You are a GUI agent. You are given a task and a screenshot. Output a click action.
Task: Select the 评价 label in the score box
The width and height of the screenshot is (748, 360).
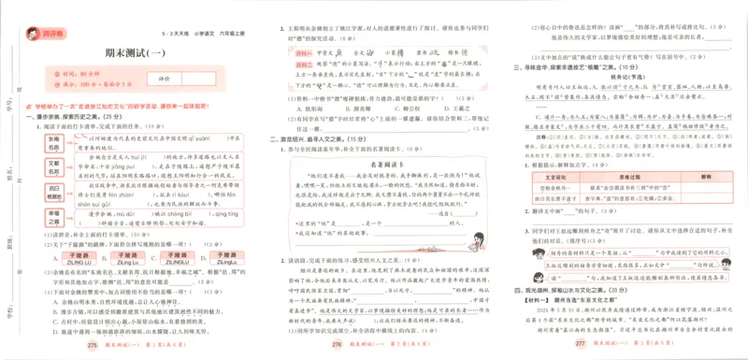[164, 79]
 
